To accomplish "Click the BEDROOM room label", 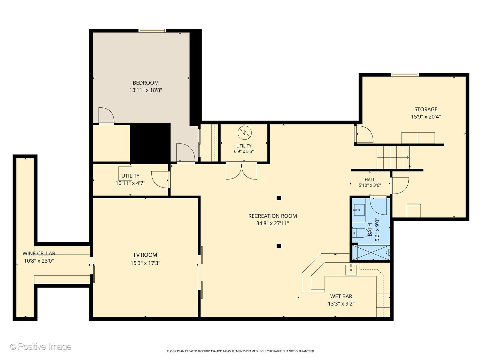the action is click(x=146, y=83).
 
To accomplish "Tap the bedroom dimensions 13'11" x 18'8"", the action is click(x=146, y=90).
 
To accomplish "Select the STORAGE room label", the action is click(x=425, y=109).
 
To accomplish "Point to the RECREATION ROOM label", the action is click(x=272, y=216).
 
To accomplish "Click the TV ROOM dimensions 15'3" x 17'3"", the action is click(x=145, y=263).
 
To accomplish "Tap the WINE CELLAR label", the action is click(x=39, y=254).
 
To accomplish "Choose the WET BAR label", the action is click(x=341, y=296).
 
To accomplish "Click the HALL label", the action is click(x=370, y=180).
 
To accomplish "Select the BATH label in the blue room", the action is click(x=370, y=230).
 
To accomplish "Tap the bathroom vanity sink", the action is click(x=359, y=210).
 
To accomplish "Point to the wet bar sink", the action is click(x=351, y=269).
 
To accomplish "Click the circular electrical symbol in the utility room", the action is click(x=245, y=133).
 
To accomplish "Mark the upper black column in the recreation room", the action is click(x=279, y=198).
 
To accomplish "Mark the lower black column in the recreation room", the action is click(x=279, y=246).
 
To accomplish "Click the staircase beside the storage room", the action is click(x=393, y=157).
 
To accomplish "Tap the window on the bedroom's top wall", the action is click(x=152, y=31).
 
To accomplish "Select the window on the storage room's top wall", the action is click(x=405, y=75).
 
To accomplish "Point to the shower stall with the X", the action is click(x=371, y=252).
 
